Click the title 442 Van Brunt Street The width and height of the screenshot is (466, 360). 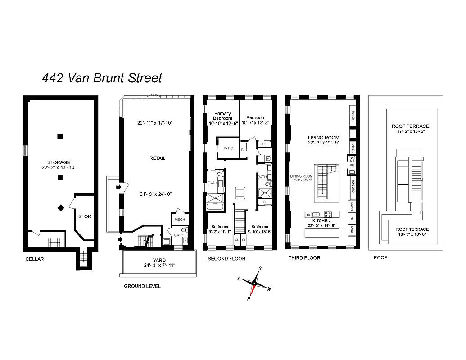point(102,78)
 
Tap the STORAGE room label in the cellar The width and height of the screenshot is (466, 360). point(59,162)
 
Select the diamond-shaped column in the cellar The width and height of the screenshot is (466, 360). point(60,207)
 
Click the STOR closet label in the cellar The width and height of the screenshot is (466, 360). point(85,216)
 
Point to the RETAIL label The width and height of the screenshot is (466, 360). point(158,158)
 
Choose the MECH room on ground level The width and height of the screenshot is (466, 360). point(179,220)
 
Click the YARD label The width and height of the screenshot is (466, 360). point(159,260)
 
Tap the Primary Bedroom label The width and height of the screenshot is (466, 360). point(223,116)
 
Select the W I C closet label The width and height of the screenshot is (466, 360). point(228,148)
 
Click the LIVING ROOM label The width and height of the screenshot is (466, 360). point(323,138)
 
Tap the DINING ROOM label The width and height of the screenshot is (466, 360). point(301,176)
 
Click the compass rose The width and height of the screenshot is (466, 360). point(254,284)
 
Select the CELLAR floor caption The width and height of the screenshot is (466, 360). point(35,259)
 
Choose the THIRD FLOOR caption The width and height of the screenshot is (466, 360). point(304,258)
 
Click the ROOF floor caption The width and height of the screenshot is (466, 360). point(380,258)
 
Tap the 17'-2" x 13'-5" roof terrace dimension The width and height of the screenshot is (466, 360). point(410,132)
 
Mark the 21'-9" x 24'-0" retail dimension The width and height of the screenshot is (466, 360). point(156,194)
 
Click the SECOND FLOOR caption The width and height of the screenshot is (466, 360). point(226,259)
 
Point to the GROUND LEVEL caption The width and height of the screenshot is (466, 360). point(142,286)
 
